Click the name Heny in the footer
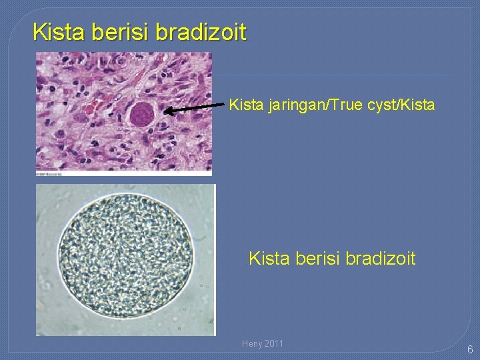[x=252, y=343]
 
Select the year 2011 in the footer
[x=274, y=343]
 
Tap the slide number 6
[x=470, y=349]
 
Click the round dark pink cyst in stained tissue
[x=141, y=114]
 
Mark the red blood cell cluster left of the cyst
[x=93, y=106]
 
